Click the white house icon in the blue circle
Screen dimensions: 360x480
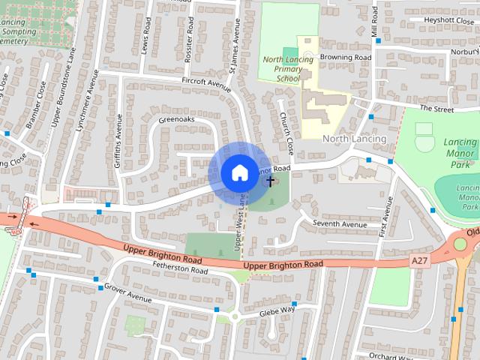pyautogui.click(x=238, y=172)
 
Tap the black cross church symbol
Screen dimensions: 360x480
pyautogui.click(x=271, y=181)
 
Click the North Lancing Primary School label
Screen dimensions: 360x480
pyautogui.click(x=283, y=68)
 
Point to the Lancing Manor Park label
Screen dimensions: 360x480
pyautogui.click(x=460, y=151)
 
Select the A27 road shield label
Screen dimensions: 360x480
pyautogui.click(x=421, y=260)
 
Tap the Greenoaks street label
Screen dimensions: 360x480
pyautogui.click(x=176, y=119)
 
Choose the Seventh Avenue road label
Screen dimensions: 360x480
pyautogui.click(x=340, y=223)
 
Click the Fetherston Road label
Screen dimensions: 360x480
pyautogui.click(x=180, y=268)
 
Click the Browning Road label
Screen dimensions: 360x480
pyautogui.click(x=346, y=57)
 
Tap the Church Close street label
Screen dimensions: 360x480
pyautogui.click(x=286, y=129)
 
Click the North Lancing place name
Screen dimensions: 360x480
pyautogui.click(x=354, y=139)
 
